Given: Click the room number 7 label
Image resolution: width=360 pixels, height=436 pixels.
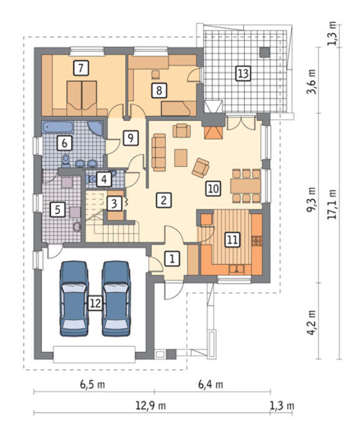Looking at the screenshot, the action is pyautogui.click(x=81, y=68).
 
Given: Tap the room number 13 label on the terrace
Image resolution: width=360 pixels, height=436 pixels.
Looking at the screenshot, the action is pyautogui.click(x=243, y=73).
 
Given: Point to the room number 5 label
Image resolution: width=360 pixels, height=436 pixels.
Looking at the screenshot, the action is pyautogui.click(x=57, y=209).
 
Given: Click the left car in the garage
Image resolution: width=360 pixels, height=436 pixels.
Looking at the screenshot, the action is pyautogui.click(x=74, y=298).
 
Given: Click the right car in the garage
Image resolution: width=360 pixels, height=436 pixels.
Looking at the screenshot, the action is pyautogui.click(x=116, y=298).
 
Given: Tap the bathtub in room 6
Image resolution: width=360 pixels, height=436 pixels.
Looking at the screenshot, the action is pyautogui.click(x=58, y=127).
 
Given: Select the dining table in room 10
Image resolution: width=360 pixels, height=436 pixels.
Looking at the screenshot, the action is pyautogui.click(x=246, y=186).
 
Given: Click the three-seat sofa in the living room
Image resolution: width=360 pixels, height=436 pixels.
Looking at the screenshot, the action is pyautogui.click(x=159, y=153).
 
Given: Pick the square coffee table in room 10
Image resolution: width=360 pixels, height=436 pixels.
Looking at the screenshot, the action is pyautogui.click(x=181, y=158).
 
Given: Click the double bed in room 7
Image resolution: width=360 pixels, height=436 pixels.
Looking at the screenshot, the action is pyautogui.click(x=82, y=98).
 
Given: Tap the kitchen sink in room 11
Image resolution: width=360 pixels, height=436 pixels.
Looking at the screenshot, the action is pyautogui.click(x=236, y=269).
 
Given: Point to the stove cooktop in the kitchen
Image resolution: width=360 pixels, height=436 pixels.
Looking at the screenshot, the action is pyautogui.click(x=257, y=241).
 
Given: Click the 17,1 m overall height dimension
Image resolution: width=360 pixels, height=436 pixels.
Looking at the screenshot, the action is pyautogui.click(x=331, y=204).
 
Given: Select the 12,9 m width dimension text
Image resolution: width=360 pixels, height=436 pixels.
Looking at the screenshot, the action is pyautogui.click(x=150, y=405).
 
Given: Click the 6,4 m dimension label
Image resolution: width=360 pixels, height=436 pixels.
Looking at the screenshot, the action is pyautogui.click(x=211, y=385).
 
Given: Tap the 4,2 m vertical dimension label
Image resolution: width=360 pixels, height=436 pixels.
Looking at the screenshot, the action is pyautogui.click(x=311, y=322).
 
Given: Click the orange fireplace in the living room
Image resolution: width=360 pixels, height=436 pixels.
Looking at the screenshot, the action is pyautogui.click(x=214, y=133).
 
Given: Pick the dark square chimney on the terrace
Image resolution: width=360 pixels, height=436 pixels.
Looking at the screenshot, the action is pyautogui.click(x=265, y=52).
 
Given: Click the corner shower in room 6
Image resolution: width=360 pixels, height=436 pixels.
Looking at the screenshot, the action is pyautogui.click(x=95, y=128).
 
